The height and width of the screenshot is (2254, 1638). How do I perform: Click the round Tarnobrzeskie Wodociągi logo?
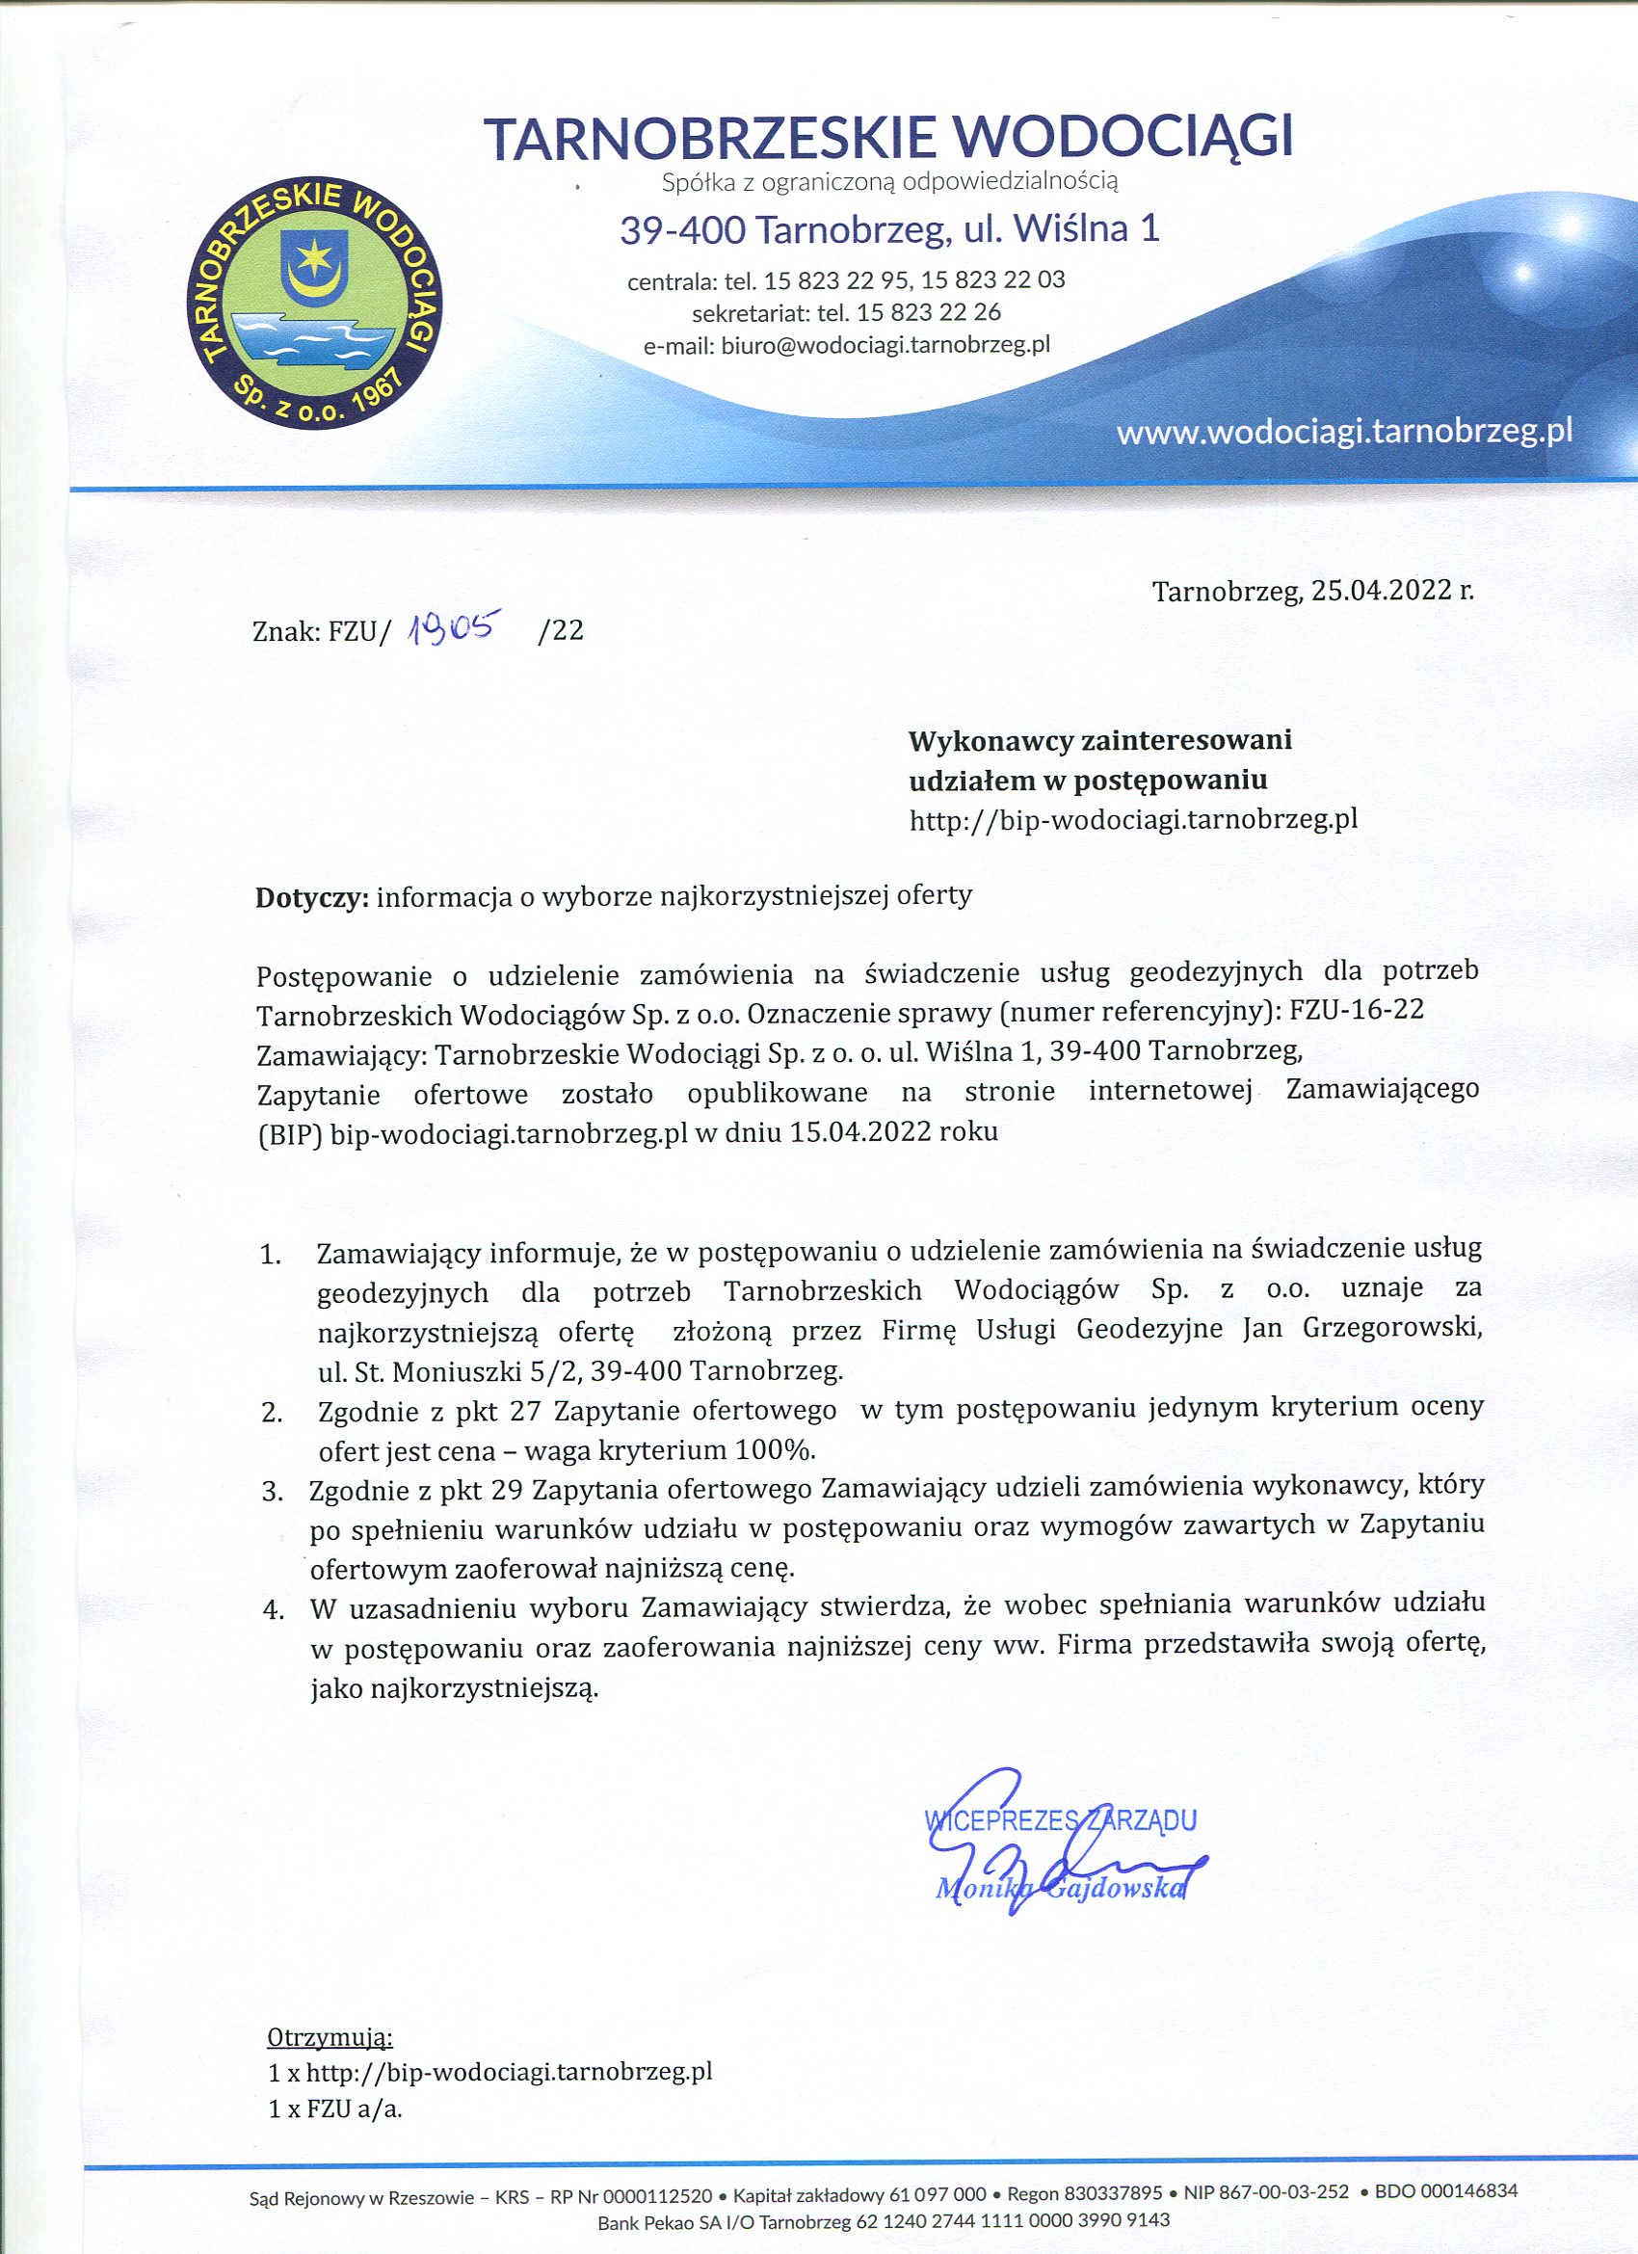click(317, 305)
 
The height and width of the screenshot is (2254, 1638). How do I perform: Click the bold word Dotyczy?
click(313, 896)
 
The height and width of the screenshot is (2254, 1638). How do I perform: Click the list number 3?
click(273, 1492)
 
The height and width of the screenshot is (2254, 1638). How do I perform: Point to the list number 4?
click(274, 1609)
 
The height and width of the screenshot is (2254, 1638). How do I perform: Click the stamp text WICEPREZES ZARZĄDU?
click(1061, 1820)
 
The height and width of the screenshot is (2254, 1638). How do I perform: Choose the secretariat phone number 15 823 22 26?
click(928, 312)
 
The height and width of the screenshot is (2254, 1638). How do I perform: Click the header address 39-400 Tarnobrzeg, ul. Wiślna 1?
click(889, 230)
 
